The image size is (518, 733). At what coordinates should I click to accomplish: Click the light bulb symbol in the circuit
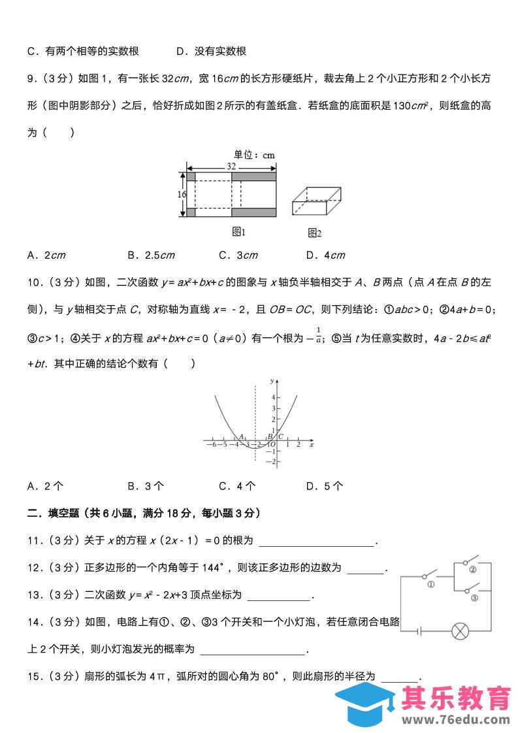click(461, 632)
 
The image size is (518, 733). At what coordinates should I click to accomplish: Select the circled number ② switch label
click(472, 569)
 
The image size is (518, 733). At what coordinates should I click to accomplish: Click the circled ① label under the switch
click(430, 585)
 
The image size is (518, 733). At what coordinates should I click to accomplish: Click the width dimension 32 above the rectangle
click(232, 167)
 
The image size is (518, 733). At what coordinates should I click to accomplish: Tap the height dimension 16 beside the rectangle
click(182, 195)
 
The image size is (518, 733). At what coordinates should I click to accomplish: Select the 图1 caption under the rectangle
click(238, 231)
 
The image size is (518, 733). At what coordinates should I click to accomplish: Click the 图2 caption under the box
click(315, 233)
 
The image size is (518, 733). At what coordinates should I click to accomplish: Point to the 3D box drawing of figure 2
click(316, 201)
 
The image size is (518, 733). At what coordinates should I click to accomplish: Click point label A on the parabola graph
click(241, 436)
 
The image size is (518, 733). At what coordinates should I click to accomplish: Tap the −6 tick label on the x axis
click(211, 445)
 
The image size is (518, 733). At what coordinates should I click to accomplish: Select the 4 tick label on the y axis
click(274, 397)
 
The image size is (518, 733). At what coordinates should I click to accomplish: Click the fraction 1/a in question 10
click(318, 334)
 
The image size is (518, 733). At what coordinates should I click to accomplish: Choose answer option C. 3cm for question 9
click(238, 255)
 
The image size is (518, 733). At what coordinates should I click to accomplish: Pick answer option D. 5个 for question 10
click(325, 485)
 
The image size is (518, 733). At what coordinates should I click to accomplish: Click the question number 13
click(35, 595)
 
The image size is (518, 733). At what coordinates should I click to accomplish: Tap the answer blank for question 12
click(365, 568)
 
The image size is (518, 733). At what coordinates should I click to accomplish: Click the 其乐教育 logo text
click(456, 698)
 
